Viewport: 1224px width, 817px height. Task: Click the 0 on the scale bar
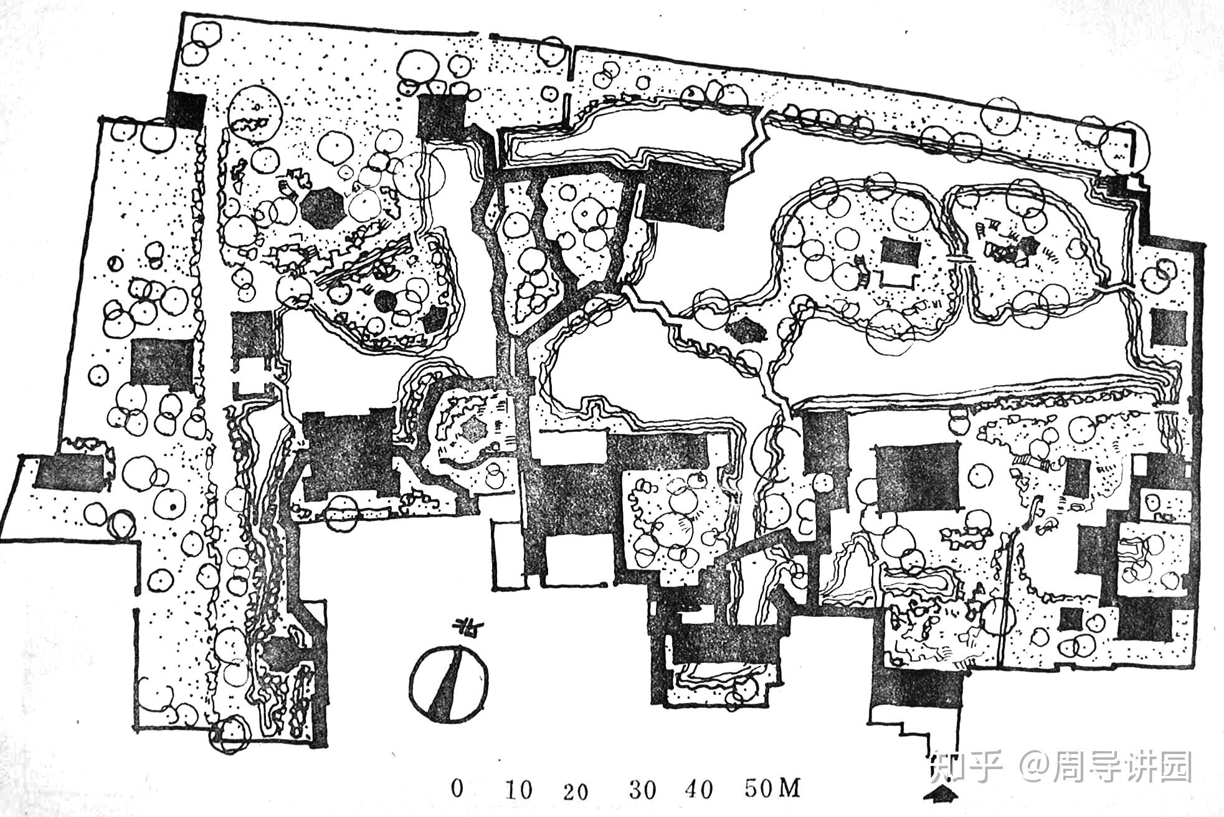(x=458, y=790)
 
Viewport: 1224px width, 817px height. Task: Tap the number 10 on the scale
(x=518, y=790)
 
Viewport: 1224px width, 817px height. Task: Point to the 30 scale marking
(x=642, y=790)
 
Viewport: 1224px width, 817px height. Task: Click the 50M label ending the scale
(x=772, y=789)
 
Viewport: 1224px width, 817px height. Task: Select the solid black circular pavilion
(x=385, y=303)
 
